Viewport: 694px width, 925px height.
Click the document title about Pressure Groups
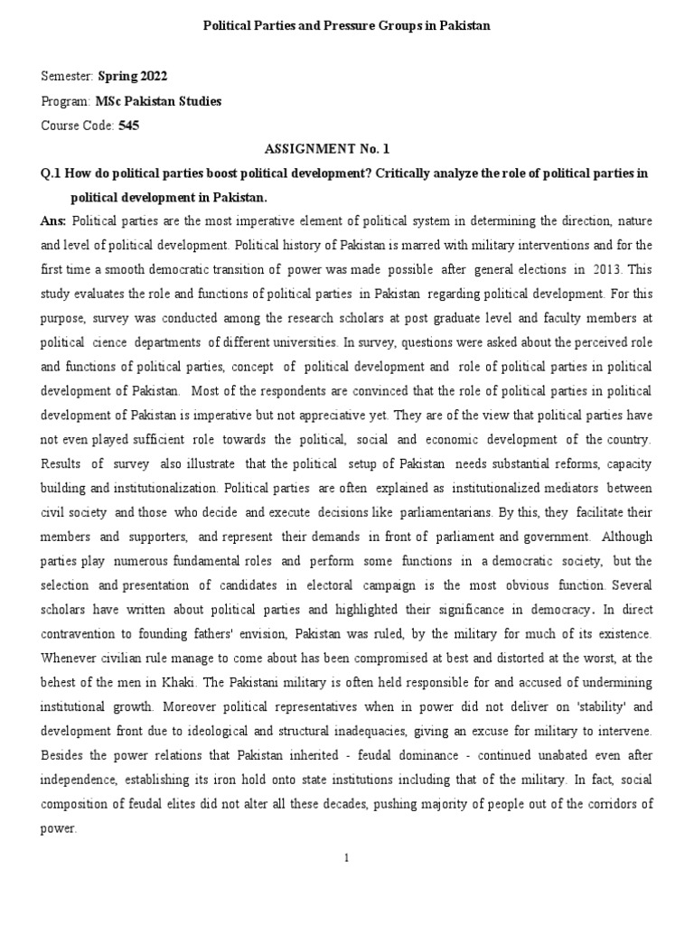tap(346, 26)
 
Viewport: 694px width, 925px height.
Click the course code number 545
tap(128, 126)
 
